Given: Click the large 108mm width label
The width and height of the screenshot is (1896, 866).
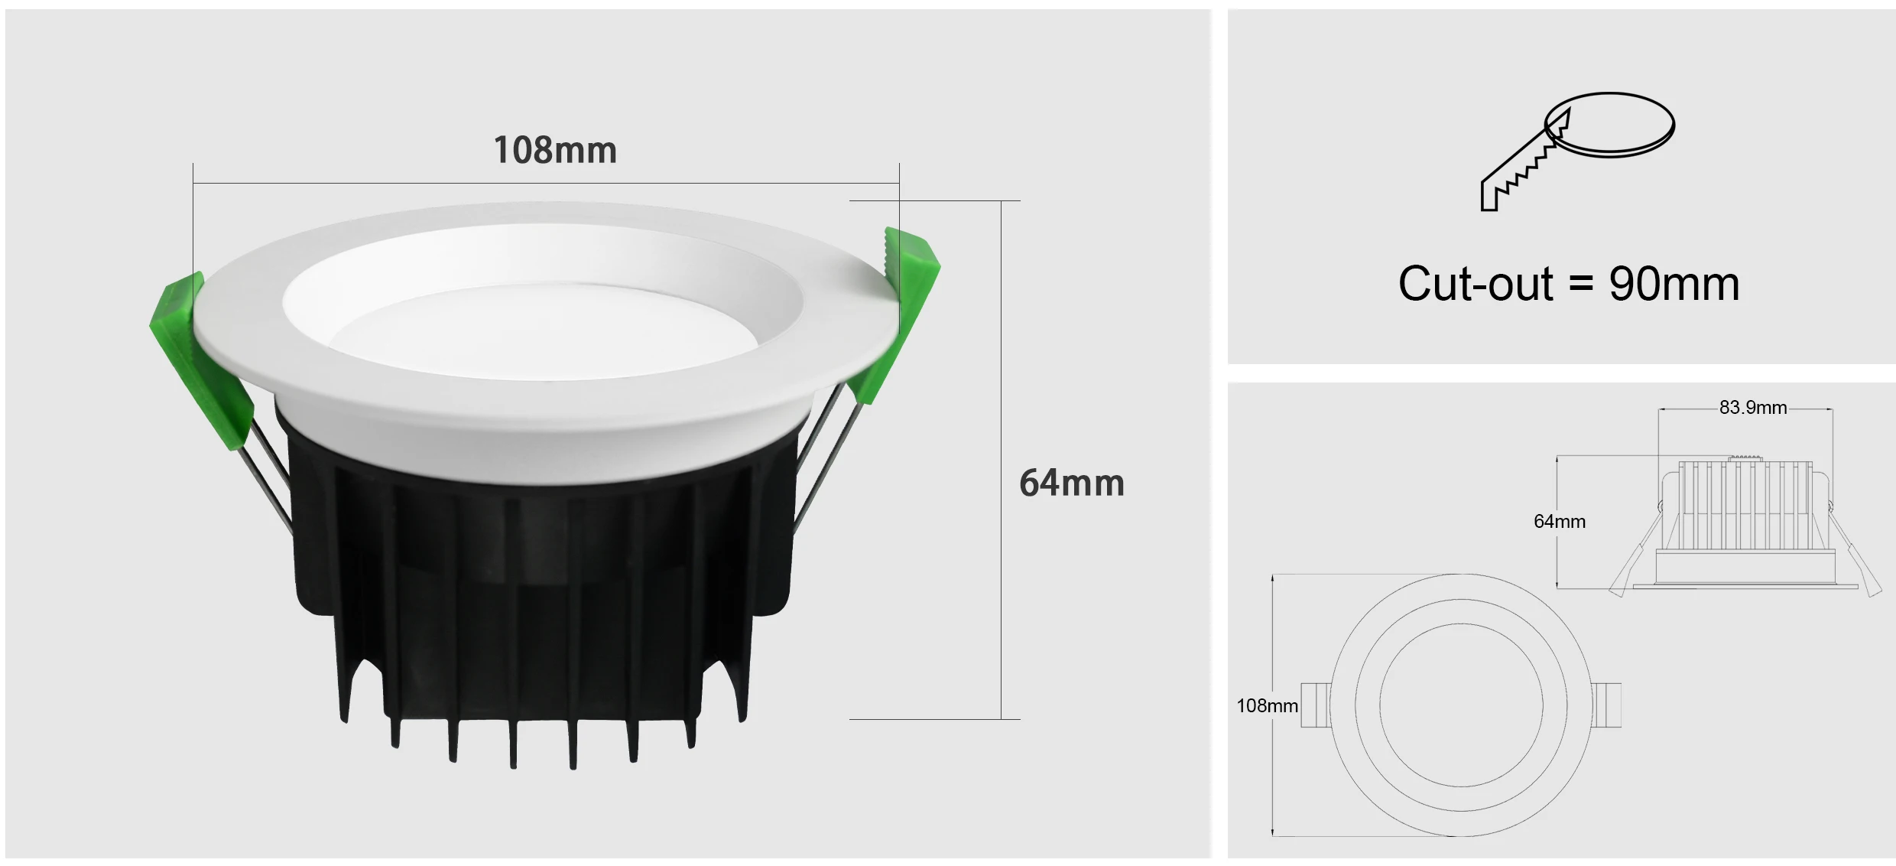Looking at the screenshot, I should click(x=555, y=150).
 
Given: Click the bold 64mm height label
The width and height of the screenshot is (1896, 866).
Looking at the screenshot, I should click(x=1071, y=483).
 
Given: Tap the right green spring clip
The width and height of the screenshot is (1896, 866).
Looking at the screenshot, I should click(x=902, y=306).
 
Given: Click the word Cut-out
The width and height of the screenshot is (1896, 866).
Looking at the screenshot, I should click(x=1475, y=285).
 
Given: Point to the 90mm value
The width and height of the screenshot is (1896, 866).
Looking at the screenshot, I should click(x=1674, y=285).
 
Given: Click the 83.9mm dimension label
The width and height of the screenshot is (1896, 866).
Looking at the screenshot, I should click(x=1752, y=408).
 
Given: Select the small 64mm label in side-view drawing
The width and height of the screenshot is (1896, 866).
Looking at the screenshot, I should click(x=1559, y=522).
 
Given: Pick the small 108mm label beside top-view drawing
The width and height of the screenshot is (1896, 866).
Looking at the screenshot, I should click(x=1267, y=706).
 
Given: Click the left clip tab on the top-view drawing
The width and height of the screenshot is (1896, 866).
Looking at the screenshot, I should click(x=1314, y=705).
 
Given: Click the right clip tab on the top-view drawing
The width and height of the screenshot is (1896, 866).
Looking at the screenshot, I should click(x=1608, y=705).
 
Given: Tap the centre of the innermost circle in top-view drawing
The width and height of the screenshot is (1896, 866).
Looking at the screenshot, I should click(x=1461, y=705).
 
